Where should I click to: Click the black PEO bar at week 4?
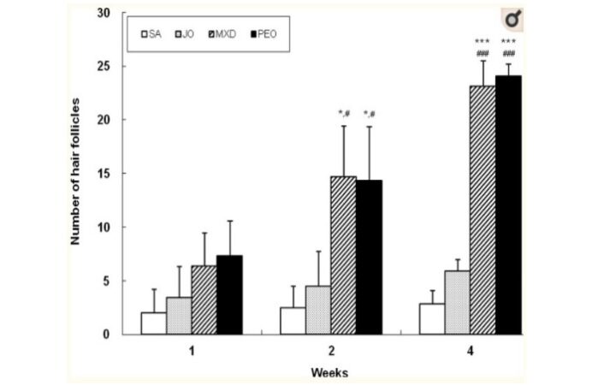pos(507,205)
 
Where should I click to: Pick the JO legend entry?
pos(190,35)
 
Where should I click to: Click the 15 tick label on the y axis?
pos(105,174)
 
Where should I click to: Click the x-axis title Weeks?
pos(329,372)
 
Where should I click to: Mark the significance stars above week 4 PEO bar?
pos(508,42)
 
